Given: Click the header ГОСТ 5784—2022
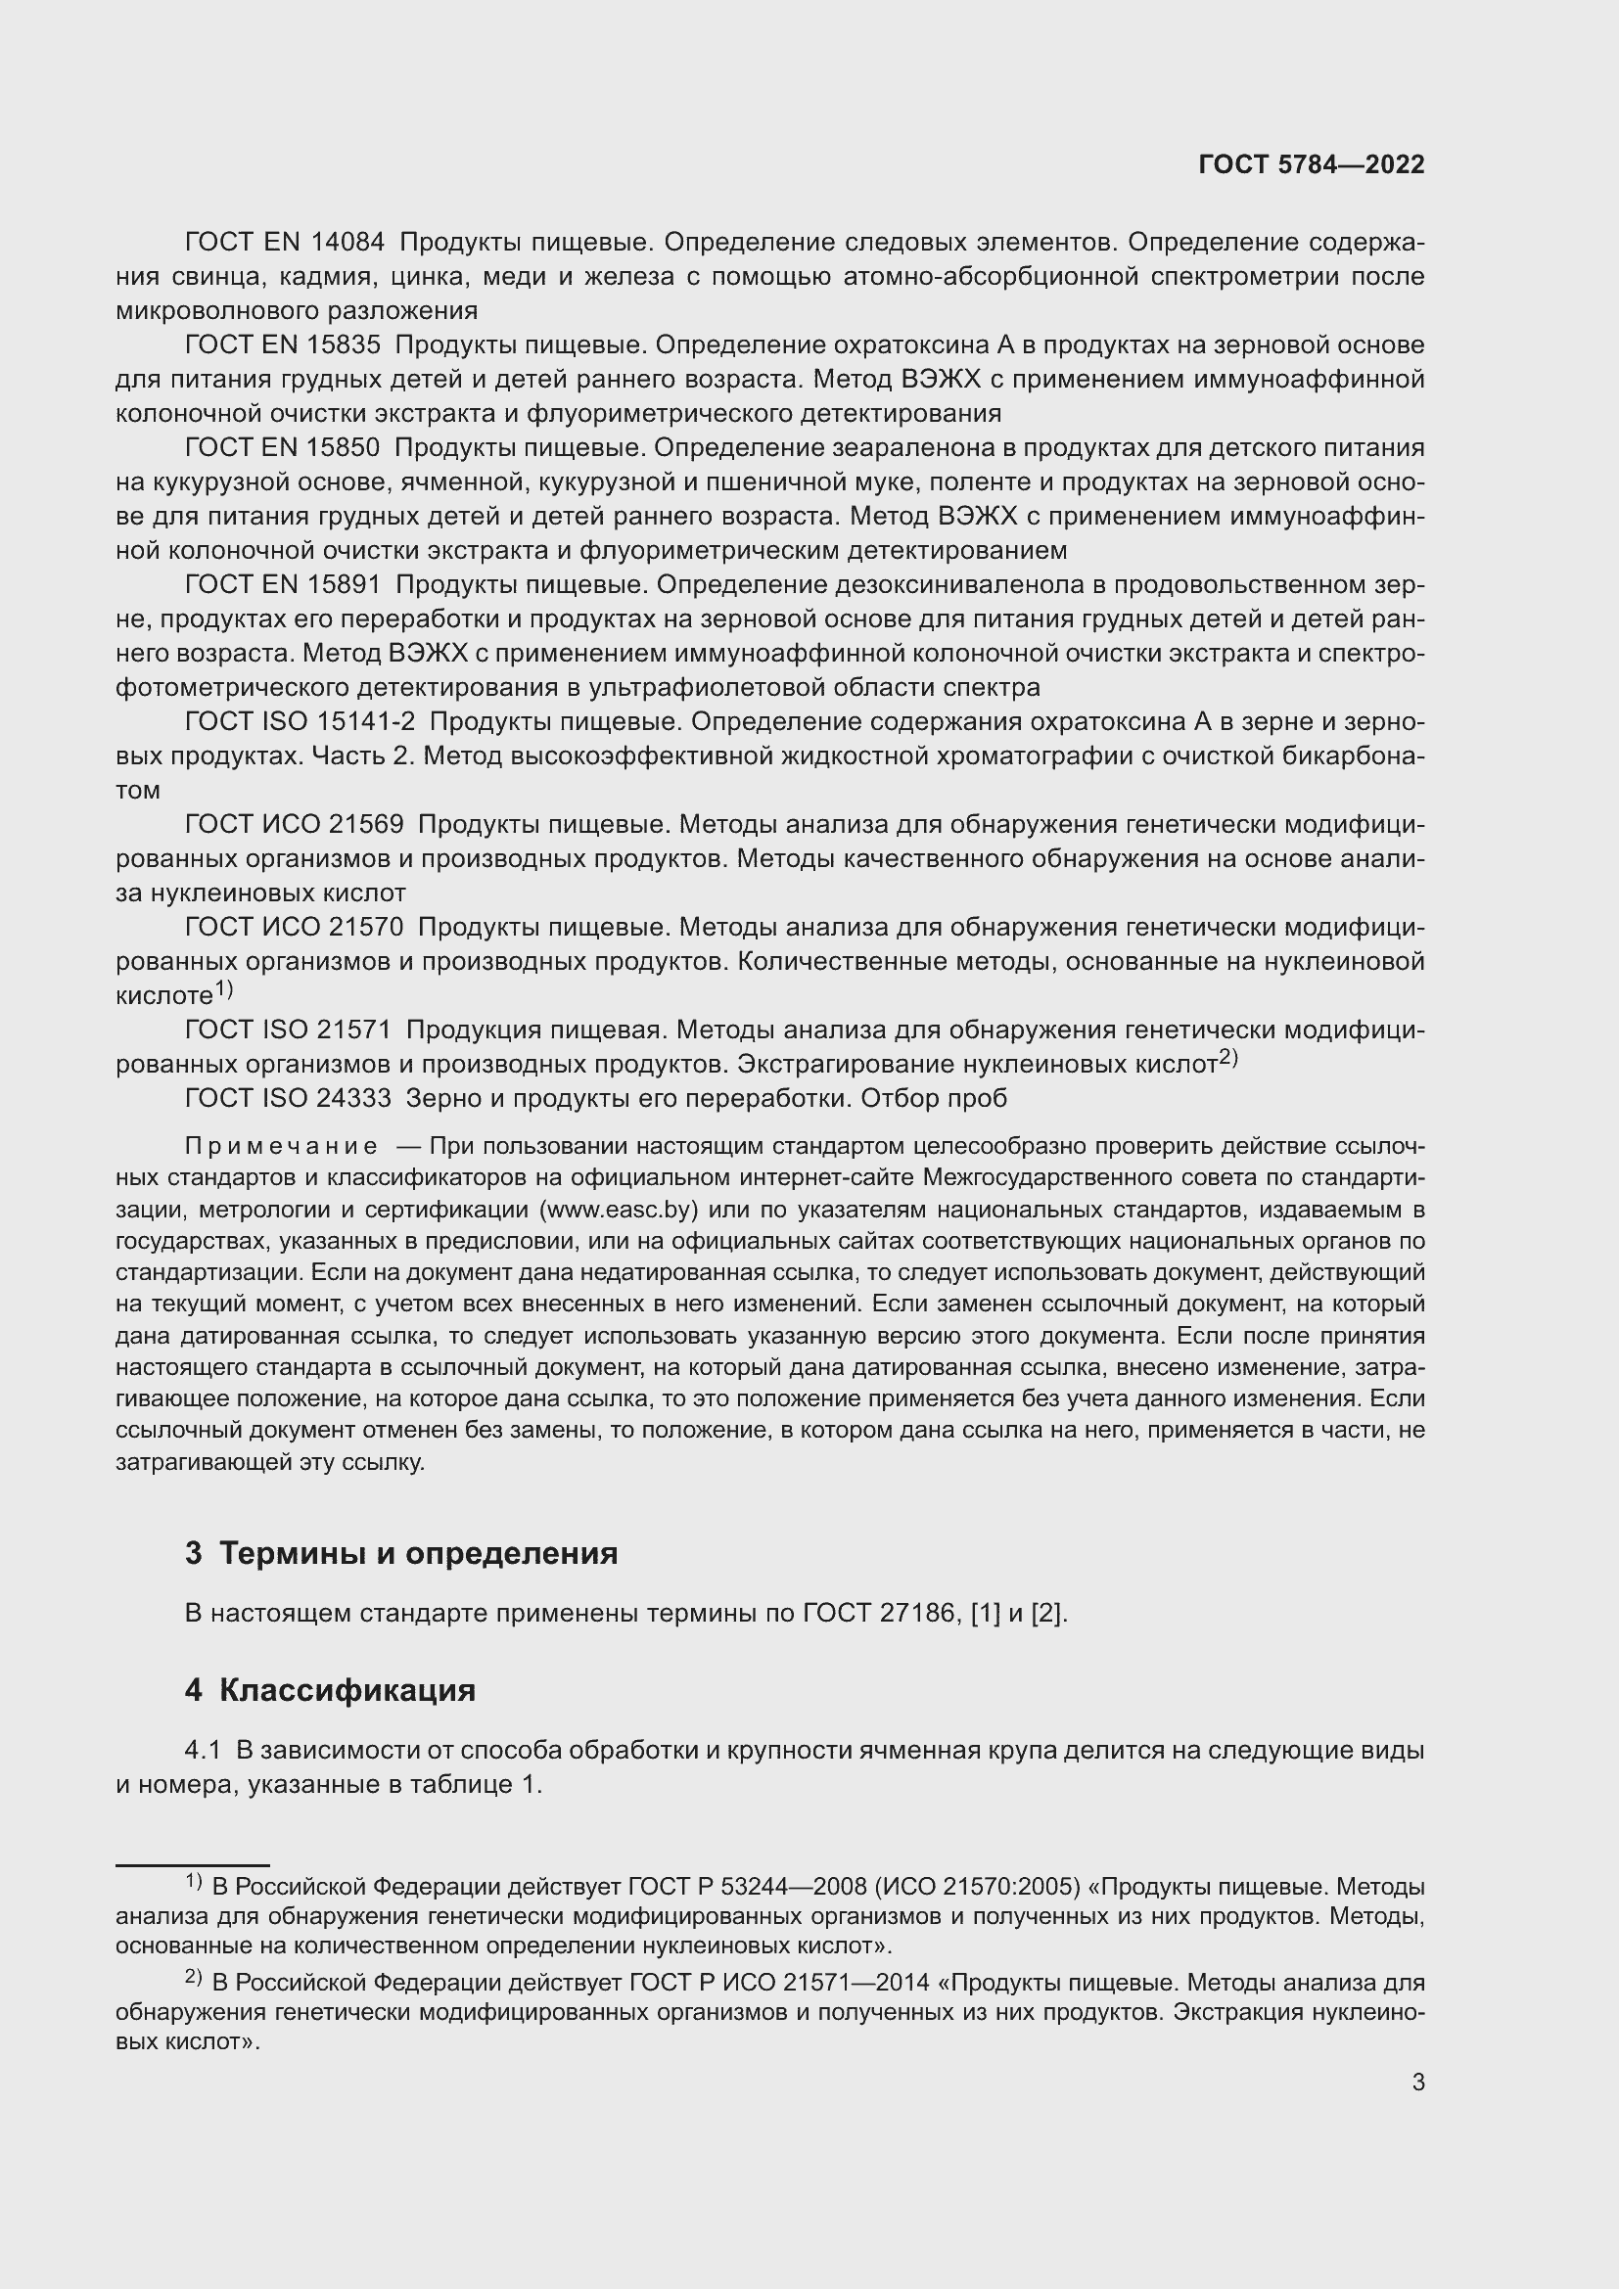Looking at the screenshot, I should click(1311, 165).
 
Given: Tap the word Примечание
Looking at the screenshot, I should click(281, 1147).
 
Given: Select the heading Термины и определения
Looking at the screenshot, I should click(418, 1553).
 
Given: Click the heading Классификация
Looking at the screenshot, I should click(347, 1691).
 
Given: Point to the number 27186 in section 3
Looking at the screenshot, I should click(917, 1613).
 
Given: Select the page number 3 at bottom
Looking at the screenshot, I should click(1417, 2082).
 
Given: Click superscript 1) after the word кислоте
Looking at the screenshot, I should click(224, 989).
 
